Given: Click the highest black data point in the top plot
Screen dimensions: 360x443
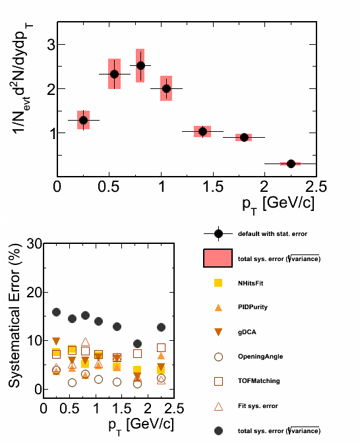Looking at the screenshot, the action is (140, 65).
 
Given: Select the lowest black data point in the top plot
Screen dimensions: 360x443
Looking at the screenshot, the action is (291, 163).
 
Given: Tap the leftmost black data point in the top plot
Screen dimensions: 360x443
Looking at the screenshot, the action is (83, 121).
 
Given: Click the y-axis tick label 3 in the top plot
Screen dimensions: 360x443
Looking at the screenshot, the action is (51, 44).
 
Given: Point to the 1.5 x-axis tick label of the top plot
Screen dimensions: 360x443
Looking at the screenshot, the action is (213, 187).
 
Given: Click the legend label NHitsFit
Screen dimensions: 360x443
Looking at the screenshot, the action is (251, 283).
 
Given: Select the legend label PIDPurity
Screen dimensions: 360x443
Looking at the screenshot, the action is (253, 307).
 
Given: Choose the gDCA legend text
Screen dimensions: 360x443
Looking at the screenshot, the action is (247, 332).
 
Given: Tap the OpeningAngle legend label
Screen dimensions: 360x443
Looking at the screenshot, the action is (260, 357).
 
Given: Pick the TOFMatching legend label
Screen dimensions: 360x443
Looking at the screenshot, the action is (259, 381).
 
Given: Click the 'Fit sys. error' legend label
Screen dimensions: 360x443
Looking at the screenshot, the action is (258, 406).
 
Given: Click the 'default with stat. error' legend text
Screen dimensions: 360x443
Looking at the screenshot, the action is (272, 234).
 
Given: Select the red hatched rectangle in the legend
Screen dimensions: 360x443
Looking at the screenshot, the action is (218, 258).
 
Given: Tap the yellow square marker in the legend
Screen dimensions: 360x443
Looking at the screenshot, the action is (218, 283).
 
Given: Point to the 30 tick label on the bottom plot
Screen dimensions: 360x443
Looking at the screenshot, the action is (34, 243).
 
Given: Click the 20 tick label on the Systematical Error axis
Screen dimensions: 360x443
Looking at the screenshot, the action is (34, 292).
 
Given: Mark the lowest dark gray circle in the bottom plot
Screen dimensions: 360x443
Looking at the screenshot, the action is (137, 344).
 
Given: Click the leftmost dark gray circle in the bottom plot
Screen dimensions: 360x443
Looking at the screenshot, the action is (57, 312).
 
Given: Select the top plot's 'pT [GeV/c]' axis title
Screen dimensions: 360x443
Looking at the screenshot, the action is (278, 204).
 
